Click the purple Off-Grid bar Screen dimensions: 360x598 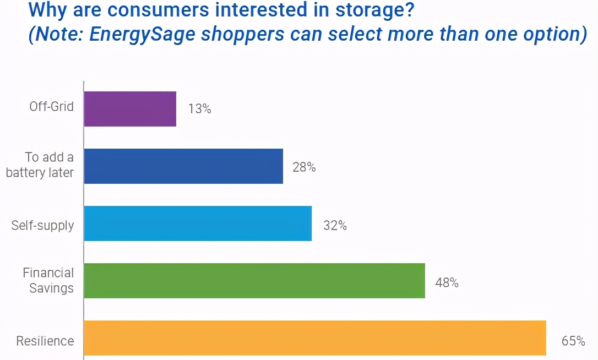pyautogui.click(x=130, y=109)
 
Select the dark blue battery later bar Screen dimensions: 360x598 pyautogui.click(x=183, y=166)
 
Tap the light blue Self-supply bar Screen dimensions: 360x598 pyautogui.click(x=198, y=223)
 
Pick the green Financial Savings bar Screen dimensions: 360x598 pyautogui.click(x=254, y=281)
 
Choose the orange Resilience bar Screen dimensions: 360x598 pyautogui.click(x=315, y=338)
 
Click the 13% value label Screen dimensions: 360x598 pyautogui.click(x=199, y=109)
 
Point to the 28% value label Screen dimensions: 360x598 pyautogui.click(x=304, y=167)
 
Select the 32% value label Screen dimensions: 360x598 pyautogui.click(x=335, y=225)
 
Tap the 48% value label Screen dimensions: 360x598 pyautogui.click(x=447, y=283)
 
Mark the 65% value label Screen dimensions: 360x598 pyautogui.click(x=573, y=341)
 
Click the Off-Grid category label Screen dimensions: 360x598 pyautogui.click(x=51, y=106)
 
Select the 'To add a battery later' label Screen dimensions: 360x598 pyautogui.click(x=40, y=165)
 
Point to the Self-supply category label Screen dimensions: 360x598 pyautogui.click(x=42, y=225)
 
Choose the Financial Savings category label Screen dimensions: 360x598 pyautogui.click(x=48, y=280)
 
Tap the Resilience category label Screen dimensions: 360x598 pyautogui.click(x=45, y=341)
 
